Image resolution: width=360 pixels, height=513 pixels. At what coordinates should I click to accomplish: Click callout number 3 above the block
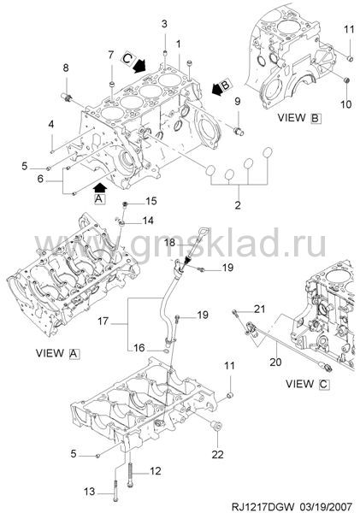(x=164, y=24)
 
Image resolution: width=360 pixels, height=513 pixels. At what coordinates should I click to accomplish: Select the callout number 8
(x=66, y=68)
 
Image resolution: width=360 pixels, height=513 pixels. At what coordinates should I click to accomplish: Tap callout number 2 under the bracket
(x=238, y=205)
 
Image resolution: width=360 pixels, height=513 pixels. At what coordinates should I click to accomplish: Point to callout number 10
(x=345, y=104)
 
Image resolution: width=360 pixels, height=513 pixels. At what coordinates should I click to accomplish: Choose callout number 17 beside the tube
(x=103, y=321)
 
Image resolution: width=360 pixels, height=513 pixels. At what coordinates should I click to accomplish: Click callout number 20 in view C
(x=275, y=362)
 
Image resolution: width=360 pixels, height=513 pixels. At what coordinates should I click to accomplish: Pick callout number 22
(x=218, y=454)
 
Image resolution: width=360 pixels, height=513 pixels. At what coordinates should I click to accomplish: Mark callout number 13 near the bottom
(x=89, y=492)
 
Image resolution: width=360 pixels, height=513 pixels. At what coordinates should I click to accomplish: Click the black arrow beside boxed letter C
(x=140, y=66)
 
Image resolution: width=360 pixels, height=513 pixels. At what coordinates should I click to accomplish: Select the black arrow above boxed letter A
(x=100, y=188)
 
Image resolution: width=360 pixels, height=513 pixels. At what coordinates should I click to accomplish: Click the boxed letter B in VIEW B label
(x=316, y=118)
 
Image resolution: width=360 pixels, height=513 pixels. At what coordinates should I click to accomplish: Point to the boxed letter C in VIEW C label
(x=324, y=384)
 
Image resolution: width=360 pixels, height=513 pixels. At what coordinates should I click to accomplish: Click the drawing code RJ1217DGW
(x=263, y=506)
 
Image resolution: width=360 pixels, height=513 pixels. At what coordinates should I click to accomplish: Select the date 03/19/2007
(x=326, y=506)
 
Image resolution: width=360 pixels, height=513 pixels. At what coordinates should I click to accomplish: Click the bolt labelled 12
(x=130, y=471)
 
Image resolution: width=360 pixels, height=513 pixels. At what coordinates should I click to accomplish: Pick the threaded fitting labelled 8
(x=68, y=97)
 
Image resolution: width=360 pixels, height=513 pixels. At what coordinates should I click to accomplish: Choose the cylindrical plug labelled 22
(x=216, y=427)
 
